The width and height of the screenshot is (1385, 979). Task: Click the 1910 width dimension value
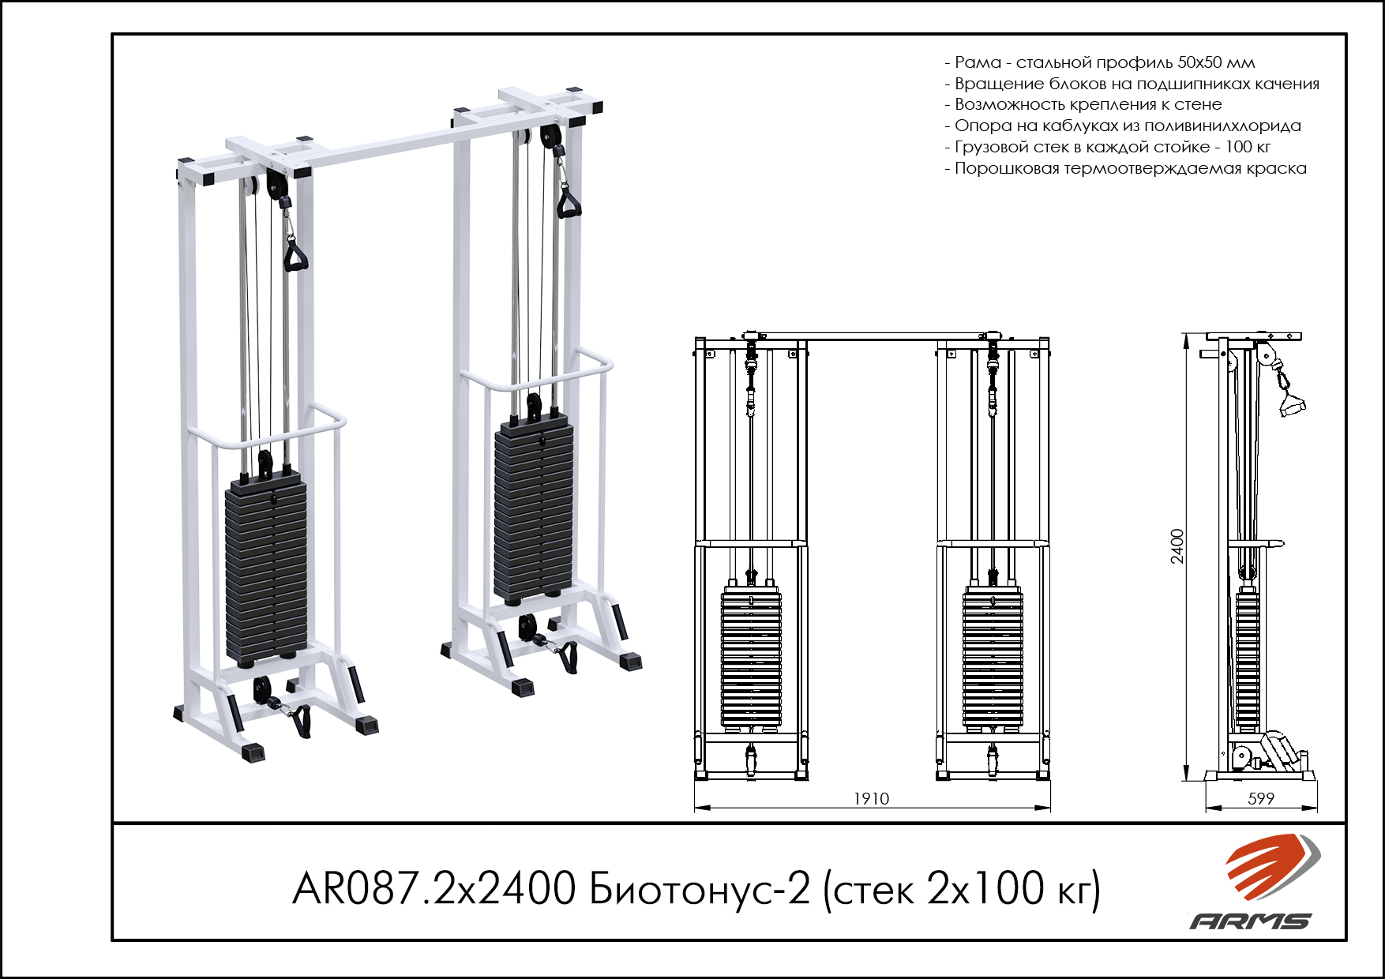click(x=871, y=798)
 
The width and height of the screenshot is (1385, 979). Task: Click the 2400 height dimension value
click(x=1177, y=546)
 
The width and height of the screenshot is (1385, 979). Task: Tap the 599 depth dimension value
click(x=1260, y=798)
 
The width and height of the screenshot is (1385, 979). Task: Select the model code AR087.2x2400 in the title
click(x=434, y=889)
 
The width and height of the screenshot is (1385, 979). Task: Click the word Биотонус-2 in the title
click(x=700, y=889)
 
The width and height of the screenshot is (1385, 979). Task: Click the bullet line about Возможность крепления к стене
click(x=1088, y=104)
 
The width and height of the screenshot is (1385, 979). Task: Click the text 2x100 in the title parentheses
click(x=985, y=889)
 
